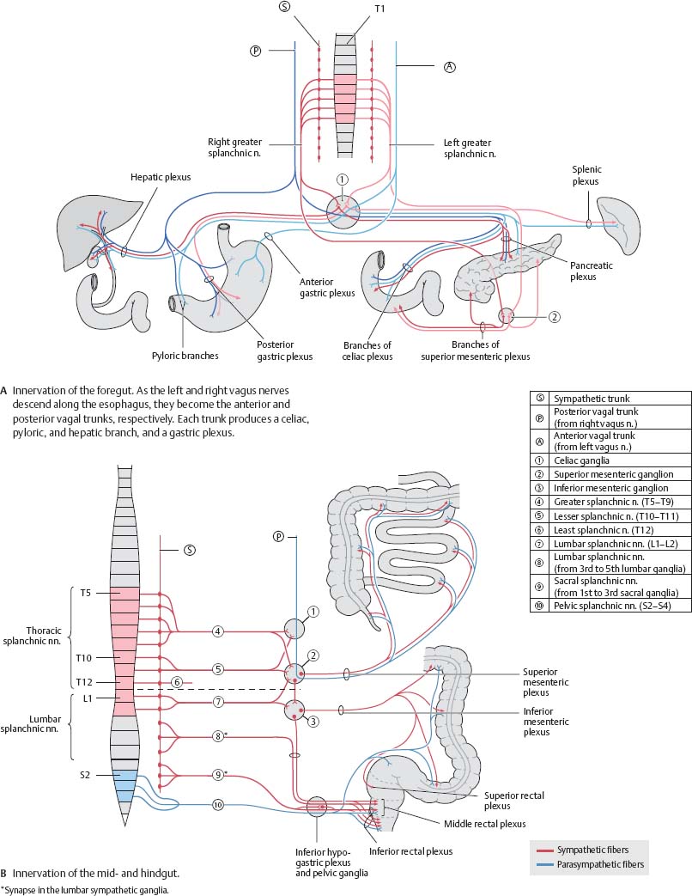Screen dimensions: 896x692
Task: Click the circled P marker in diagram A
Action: pyautogui.click(x=255, y=51)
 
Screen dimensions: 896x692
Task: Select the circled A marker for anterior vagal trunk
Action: pyautogui.click(x=449, y=67)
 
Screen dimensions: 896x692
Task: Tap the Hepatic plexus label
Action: pyautogui.click(x=161, y=177)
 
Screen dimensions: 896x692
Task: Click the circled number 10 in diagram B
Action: pyautogui.click(x=219, y=805)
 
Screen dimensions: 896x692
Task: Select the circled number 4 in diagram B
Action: pyautogui.click(x=219, y=631)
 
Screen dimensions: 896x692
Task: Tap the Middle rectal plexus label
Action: pyautogui.click(x=484, y=823)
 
